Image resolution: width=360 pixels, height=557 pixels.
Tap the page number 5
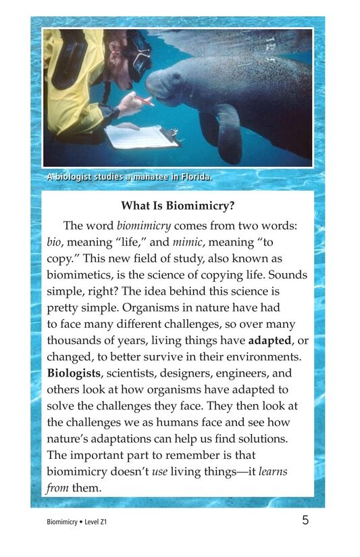point(306,520)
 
